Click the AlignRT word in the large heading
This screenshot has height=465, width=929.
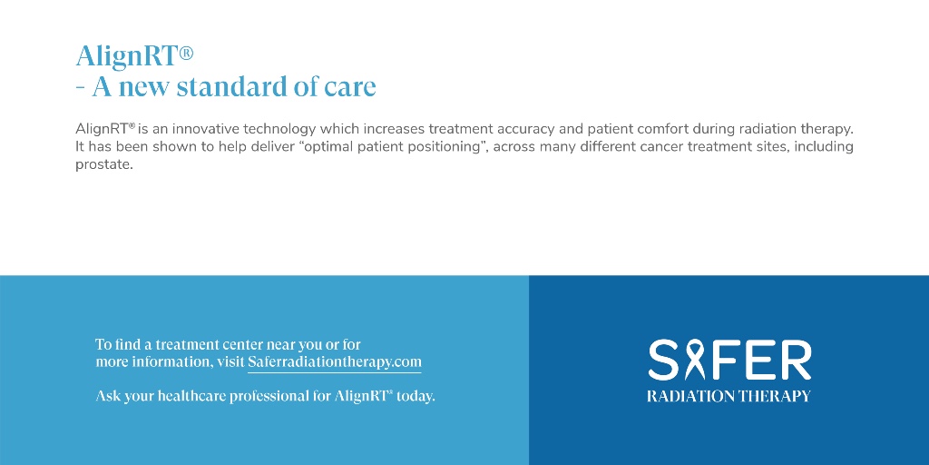pos(126,56)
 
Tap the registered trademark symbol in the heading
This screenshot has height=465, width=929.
pos(186,54)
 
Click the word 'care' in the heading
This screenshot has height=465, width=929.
pos(350,87)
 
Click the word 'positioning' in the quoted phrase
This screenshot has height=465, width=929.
pos(443,146)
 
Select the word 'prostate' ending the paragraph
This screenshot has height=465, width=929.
pos(103,164)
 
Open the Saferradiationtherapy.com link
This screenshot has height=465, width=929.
pos(334,361)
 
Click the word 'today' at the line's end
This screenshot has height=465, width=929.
pos(416,396)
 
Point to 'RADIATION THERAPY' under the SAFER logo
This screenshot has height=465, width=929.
pos(729,396)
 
